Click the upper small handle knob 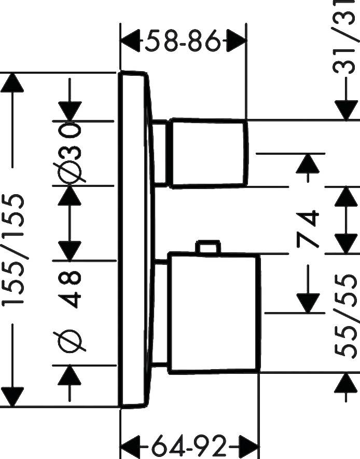click(x=209, y=152)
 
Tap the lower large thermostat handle click(x=214, y=313)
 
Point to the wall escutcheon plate click(x=136, y=239)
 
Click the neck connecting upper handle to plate click(x=161, y=153)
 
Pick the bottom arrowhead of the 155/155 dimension click(x=12, y=397)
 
